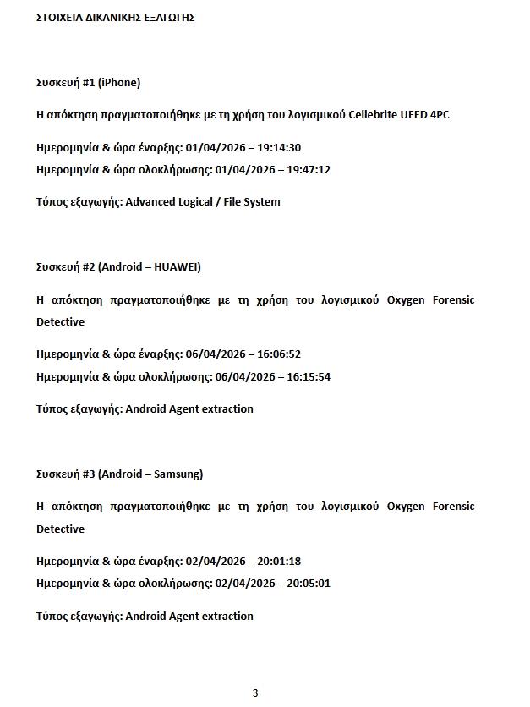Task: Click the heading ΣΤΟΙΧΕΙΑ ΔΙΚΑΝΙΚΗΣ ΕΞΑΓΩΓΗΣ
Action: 116,17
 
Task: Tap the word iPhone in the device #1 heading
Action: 119,83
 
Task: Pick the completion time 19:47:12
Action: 309,170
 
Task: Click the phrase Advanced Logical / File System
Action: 203,202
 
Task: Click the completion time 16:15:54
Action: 309,376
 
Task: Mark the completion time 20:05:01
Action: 309,584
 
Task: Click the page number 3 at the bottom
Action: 255,693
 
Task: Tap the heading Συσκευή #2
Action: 65,267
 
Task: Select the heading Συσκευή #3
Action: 65,474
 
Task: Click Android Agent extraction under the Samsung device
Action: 189,617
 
